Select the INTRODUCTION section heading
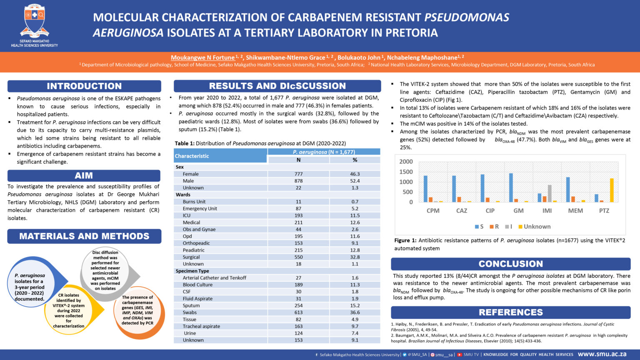(x=84, y=86)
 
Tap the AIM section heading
(x=84, y=175)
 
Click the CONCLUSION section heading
(x=510, y=264)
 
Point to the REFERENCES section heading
(x=510, y=312)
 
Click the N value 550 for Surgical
(x=298, y=257)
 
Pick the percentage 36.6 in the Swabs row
(x=355, y=312)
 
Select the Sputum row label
(x=191, y=305)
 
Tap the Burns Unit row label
(x=194, y=202)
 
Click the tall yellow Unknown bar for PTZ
(x=612, y=190)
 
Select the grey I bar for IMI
(x=550, y=193)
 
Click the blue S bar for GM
(x=511, y=188)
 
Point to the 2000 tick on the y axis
(x=406, y=162)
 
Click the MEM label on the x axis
(x=575, y=211)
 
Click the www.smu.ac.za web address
(x=602, y=354)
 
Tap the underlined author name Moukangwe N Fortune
(x=202, y=57)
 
